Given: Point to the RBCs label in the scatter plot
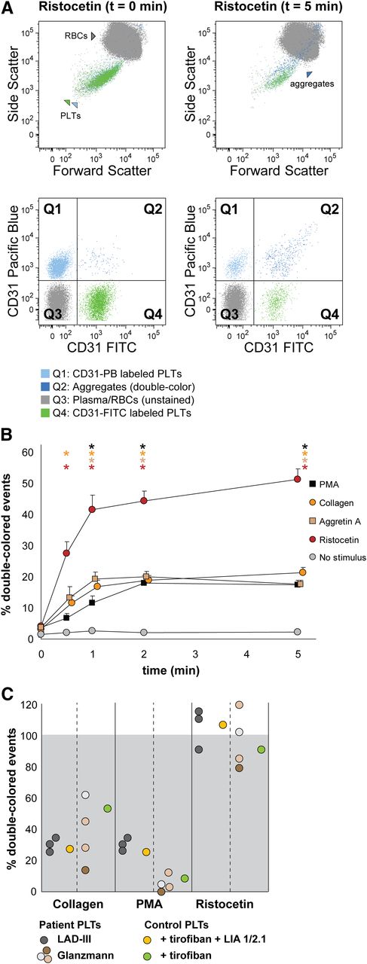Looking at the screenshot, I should (76, 35).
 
